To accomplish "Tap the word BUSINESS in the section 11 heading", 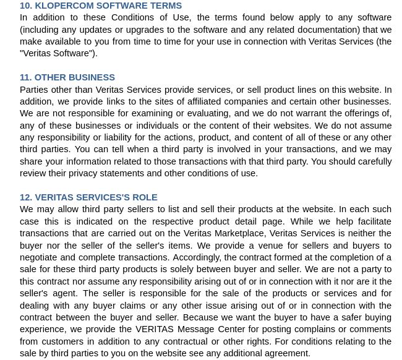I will point(93,77).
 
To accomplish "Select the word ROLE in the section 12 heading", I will point(145,197).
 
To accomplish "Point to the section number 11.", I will point(25,77).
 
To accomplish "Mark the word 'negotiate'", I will point(38,257).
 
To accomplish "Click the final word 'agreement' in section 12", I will point(288,353).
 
